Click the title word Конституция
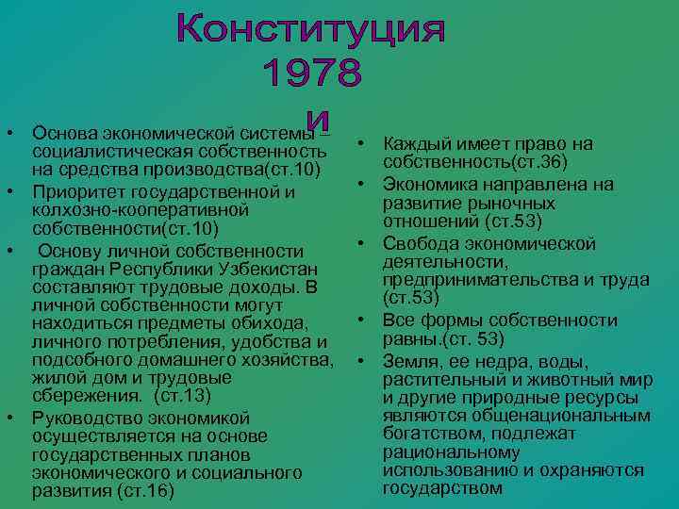[310, 31]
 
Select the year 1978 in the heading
[310, 74]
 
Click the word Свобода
[419, 244]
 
